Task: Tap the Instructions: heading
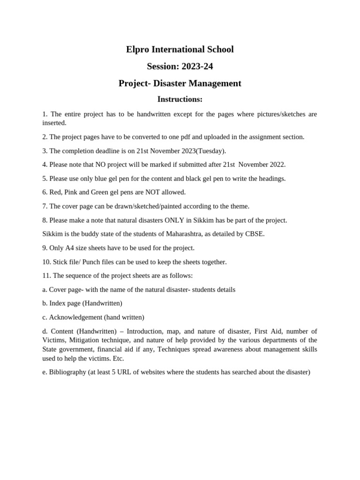pos(180,99)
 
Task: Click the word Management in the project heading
pos(215,83)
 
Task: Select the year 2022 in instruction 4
pos(276,165)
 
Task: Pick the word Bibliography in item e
pos(67,372)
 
